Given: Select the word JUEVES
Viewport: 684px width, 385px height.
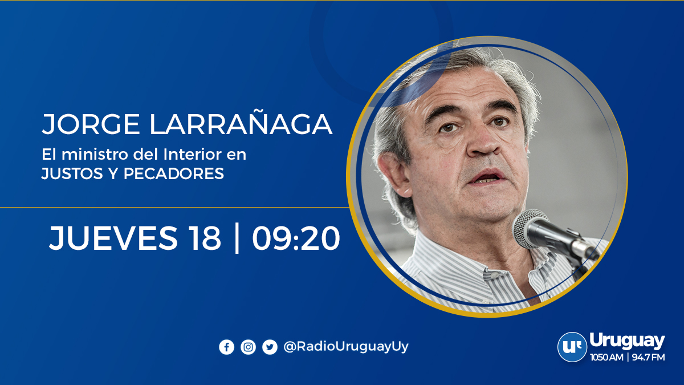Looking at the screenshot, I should pos(113,238).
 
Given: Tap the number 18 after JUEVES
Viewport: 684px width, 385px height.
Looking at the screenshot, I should pos(203,238).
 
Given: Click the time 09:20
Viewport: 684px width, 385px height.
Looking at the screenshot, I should pos(296,238).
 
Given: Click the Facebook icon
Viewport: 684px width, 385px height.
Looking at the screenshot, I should pos(226,347).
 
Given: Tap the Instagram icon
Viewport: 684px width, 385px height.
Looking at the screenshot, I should pos(248,347).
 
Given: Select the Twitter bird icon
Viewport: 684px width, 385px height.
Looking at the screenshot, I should pos(270,347).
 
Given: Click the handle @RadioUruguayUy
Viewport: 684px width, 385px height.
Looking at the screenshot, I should pos(346,346).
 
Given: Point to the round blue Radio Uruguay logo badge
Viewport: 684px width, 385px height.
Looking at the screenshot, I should pos(572,347).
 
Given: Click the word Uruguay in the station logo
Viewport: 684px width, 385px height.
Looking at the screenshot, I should pos(627,341).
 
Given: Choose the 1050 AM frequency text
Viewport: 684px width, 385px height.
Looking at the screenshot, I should pos(607,358).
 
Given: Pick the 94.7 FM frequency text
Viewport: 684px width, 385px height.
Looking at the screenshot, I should pos(648,358).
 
